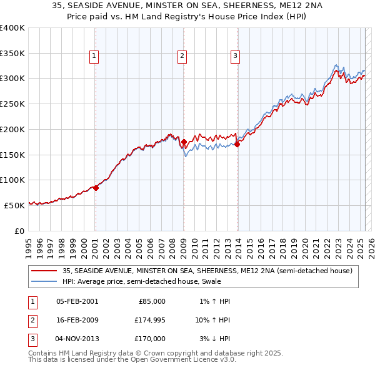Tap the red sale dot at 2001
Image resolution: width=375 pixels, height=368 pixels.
96,188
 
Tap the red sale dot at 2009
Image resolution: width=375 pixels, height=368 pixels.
184,142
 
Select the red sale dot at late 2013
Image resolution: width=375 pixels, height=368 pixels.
237,145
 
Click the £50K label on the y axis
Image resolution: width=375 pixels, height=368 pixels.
14,205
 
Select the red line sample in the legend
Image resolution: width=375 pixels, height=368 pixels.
44,271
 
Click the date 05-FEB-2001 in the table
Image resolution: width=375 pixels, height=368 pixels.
77,301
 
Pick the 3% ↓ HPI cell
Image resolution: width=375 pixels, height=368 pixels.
214,339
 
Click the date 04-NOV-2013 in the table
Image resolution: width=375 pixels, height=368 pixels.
77,339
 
